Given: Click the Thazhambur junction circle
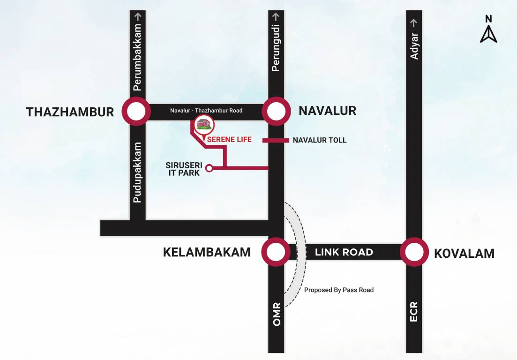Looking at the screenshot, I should [x=136, y=112].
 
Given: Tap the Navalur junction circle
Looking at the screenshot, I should [x=276, y=112].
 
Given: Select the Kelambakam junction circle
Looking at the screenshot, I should [x=276, y=252].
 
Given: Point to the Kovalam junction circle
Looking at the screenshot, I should [x=414, y=252].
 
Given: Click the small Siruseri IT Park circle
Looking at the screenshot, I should [x=210, y=168].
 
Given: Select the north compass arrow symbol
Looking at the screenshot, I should [x=488, y=34].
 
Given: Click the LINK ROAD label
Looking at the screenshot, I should [x=344, y=252].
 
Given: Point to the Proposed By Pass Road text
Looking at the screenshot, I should [x=339, y=290].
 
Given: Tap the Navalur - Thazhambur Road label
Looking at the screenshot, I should [x=206, y=111].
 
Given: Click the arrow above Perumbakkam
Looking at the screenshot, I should [x=138, y=16].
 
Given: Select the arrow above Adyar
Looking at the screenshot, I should [x=414, y=22].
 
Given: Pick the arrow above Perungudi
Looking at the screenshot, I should [x=276, y=16].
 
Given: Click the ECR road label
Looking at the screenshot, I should [x=414, y=311].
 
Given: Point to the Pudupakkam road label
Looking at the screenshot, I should [x=137, y=172].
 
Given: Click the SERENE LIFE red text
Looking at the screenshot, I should [x=230, y=139].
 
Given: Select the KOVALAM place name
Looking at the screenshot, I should [x=464, y=254].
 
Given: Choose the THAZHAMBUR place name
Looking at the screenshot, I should [x=70, y=112].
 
